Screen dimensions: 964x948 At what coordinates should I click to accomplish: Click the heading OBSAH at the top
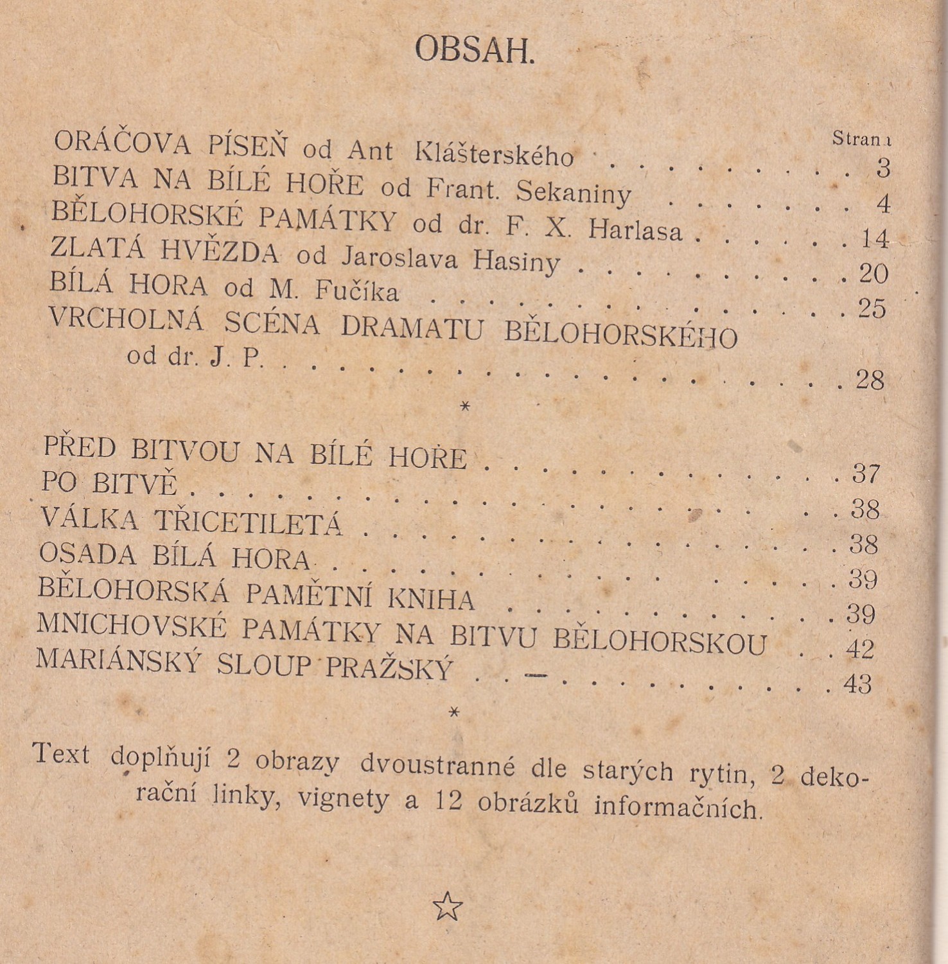[x=474, y=49]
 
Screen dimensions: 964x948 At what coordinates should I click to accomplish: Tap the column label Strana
[x=861, y=139]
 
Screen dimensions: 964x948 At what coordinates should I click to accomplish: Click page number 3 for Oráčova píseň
[x=883, y=168]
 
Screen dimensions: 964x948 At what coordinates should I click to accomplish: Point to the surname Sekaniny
[x=574, y=191]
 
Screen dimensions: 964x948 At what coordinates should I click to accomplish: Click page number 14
[x=875, y=239]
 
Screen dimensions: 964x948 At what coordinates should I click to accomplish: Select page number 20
[x=873, y=274]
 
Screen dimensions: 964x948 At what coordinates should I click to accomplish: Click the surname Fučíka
[x=356, y=292]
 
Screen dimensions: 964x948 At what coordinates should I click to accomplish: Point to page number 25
[x=872, y=309]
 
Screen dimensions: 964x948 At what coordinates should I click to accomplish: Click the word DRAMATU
[x=412, y=328]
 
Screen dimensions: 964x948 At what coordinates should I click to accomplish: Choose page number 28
[x=870, y=380]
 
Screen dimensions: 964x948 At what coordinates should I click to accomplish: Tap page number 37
[x=866, y=474]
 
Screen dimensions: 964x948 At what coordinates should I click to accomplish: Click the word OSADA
[x=87, y=554]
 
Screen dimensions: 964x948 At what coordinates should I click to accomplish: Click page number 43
[x=858, y=684]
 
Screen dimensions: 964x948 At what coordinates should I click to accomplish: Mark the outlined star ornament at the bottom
[x=448, y=907]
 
